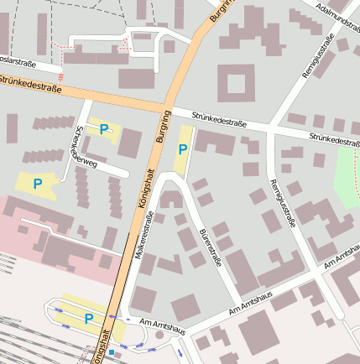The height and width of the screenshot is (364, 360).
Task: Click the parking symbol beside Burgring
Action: click(183, 149)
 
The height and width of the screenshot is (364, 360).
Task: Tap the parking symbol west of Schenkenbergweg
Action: click(37, 183)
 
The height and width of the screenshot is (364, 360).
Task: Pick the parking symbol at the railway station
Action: click(88, 318)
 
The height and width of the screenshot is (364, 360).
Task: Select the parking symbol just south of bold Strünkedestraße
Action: click(104, 129)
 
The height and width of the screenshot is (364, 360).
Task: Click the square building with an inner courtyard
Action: click(236, 84)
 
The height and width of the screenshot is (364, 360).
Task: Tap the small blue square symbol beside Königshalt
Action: click(112, 353)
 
